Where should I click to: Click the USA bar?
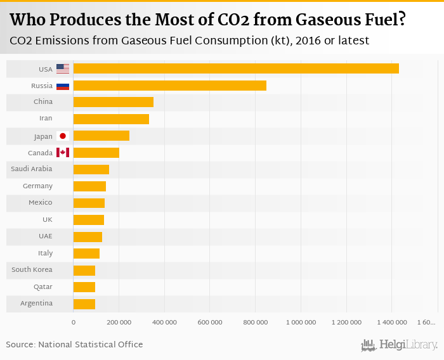(x=236, y=68)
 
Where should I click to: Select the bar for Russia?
(x=169, y=86)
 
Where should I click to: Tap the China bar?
(x=113, y=102)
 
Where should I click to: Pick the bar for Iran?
(x=111, y=119)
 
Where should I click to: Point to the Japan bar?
(x=101, y=136)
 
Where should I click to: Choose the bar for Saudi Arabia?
(x=91, y=169)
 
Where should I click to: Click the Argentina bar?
(x=84, y=304)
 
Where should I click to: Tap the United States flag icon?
(x=63, y=68)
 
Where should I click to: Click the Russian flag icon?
(x=63, y=86)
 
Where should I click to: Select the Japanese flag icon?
(x=63, y=136)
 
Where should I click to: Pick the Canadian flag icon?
(x=63, y=153)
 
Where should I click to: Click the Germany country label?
(x=37, y=186)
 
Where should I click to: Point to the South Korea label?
(x=32, y=270)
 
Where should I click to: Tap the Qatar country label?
(x=43, y=286)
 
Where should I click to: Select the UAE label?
(x=45, y=236)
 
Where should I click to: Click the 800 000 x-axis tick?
(x=255, y=323)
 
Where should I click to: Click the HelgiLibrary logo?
(x=400, y=345)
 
